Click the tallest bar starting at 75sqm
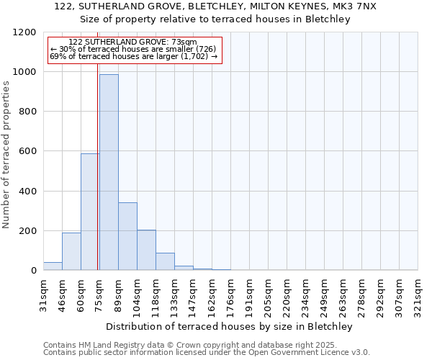(109, 173)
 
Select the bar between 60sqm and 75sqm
(90, 212)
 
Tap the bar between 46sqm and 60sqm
(71, 251)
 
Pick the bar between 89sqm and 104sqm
(127, 236)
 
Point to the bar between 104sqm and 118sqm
(146, 250)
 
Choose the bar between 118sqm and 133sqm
(165, 261)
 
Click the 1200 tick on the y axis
(27, 32)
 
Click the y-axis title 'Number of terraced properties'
(6, 155)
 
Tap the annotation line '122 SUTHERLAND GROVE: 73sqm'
(132, 42)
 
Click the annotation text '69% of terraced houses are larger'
(133, 56)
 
